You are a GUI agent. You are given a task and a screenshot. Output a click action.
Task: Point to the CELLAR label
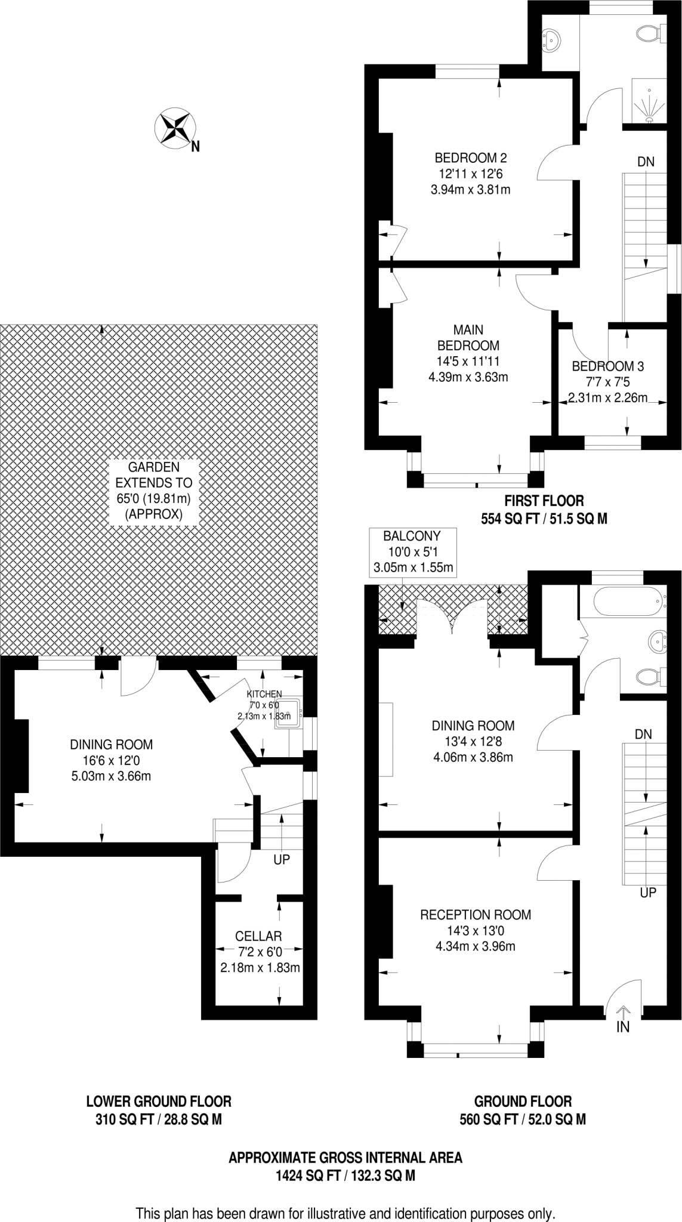click(258, 936)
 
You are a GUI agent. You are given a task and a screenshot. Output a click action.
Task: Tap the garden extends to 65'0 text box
click(154, 490)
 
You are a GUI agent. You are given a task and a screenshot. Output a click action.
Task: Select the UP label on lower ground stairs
click(282, 860)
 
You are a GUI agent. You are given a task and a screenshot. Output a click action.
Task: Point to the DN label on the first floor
click(646, 161)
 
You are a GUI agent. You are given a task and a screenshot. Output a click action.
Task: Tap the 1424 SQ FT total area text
click(345, 1176)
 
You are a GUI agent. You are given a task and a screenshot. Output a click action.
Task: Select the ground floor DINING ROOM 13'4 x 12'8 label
click(473, 741)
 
